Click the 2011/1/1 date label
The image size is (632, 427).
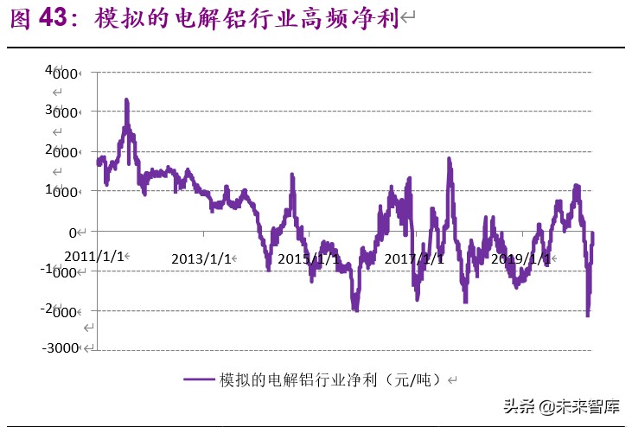[x=94, y=257]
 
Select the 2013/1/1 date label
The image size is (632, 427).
[x=201, y=258]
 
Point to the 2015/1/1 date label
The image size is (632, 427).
[x=308, y=258]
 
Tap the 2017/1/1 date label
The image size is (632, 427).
[x=414, y=258]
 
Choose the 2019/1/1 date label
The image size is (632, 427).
[x=521, y=258]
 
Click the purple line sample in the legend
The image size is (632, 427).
[x=200, y=379]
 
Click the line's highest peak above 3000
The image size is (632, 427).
[x=126, y=102]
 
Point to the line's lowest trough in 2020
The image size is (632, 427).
[x=588, y=315]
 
